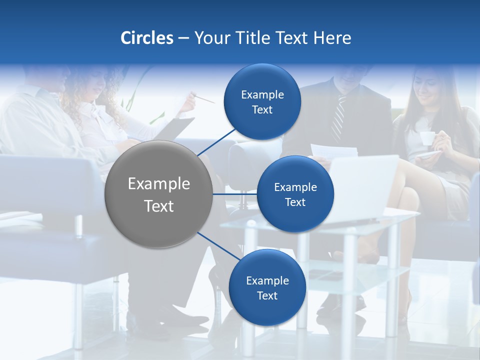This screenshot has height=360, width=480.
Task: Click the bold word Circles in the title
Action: (x=146, y=38)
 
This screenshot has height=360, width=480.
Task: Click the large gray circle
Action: (x=158, y=194)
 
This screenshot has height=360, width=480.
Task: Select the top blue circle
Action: (x=262, y=101)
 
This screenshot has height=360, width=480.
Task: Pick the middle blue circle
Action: (x=295, y=194)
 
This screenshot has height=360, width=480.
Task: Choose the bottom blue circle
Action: (x=267, y=287)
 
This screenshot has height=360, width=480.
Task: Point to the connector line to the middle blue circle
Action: (x=234, y=194)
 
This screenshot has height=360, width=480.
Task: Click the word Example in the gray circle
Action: (x=158, y=183)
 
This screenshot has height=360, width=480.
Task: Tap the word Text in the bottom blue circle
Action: (x=267, y=295)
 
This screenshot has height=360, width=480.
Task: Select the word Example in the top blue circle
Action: (x=262, y=94)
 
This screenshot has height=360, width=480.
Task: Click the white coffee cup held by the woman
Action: (x=426, y=138)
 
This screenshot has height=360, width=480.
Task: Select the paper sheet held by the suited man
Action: (x=333, y=151)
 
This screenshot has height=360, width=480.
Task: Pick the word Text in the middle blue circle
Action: (x=295, y=202)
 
